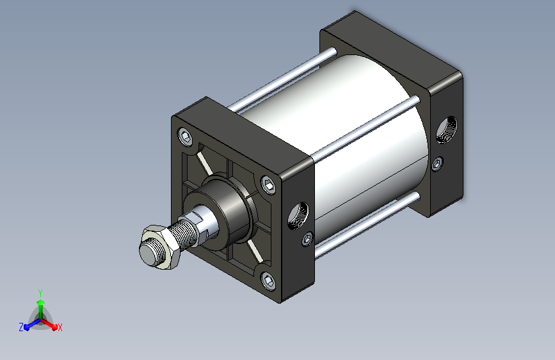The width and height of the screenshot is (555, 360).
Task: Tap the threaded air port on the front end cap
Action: coord(298,215)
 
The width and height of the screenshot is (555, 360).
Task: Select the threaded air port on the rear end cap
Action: coord(446,129)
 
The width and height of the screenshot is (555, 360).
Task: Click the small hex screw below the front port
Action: coord(307,238)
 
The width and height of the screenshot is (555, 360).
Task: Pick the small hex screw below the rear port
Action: coord(437,164)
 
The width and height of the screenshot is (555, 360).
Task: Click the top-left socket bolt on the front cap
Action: coord(186,136)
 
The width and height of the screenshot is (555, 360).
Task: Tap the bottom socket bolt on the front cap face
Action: coord(269,281)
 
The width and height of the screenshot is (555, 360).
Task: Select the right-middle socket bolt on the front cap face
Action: coord(269,184)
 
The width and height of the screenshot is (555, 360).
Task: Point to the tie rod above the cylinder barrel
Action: coord(282,79)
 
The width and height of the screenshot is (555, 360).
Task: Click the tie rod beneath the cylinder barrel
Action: coord(367,225)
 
